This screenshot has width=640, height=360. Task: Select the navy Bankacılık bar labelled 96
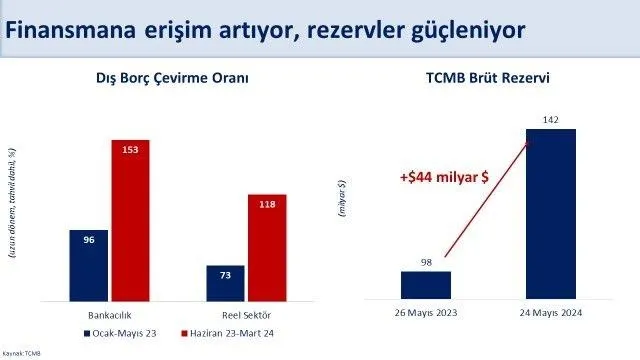[x=90, y=264]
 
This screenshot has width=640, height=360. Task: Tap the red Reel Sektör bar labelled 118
[x=268, y=246]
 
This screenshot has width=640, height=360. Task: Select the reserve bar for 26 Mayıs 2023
[x=426, y=285]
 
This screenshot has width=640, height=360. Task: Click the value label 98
[x=426, y=262]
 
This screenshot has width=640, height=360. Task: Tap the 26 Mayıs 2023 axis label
[x=426, y=313]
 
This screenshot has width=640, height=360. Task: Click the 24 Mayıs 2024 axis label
[x=551, y=313]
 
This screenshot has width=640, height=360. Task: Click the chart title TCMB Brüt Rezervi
[x=487, y=79]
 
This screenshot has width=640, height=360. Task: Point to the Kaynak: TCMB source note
[x=23, y=353]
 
